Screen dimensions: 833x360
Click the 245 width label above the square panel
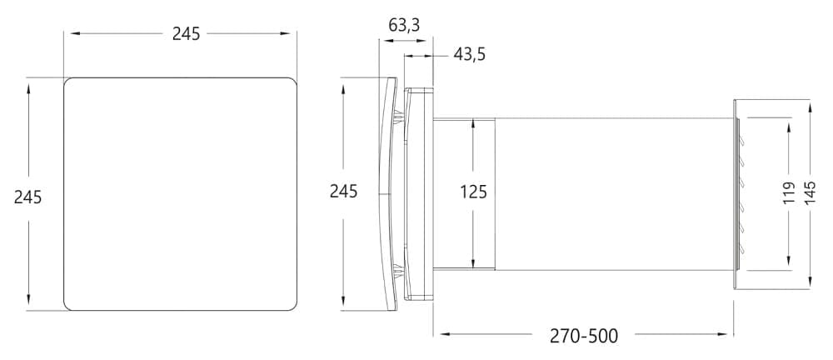(186, 33)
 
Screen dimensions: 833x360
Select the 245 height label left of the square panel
(27, 197)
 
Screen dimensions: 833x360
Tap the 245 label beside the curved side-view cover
(344, 191)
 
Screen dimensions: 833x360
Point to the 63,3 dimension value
(404, 25)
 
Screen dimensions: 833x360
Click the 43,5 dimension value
(469, 54)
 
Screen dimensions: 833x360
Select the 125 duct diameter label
(473, 192)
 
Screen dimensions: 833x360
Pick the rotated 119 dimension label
(789, 193)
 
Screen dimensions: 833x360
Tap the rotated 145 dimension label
(810, 193)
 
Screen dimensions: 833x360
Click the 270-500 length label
(584, 336)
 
